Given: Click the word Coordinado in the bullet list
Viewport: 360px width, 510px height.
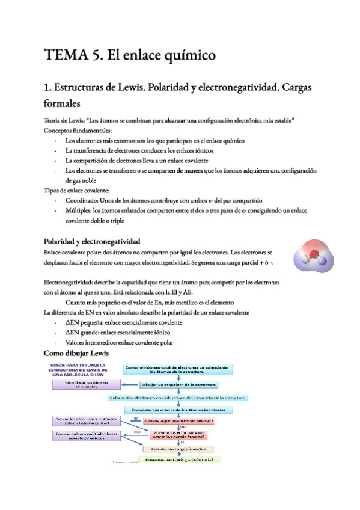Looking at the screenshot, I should click(83, 200).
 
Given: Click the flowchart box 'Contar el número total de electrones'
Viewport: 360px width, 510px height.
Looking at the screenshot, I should click(175, 370).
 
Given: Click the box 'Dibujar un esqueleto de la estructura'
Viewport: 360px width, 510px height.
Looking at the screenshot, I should click(179, 384).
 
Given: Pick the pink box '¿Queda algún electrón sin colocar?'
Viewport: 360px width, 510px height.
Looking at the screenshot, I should click(179, 421).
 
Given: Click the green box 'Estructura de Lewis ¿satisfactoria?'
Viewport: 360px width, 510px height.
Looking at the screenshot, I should click(179, 460).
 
